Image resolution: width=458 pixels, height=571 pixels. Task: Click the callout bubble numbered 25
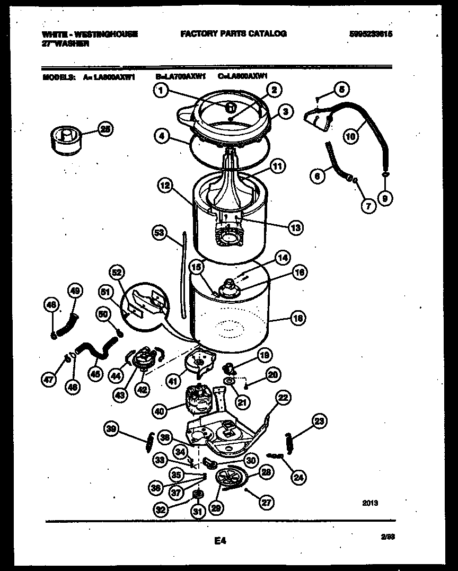(106, 129)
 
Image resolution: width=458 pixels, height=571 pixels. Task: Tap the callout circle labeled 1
(162, 91)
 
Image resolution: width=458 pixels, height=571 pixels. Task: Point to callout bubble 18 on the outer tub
(297, 318)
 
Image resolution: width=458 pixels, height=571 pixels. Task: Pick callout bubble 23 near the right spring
(319, 421)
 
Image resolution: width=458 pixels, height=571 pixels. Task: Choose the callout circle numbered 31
(197, 512)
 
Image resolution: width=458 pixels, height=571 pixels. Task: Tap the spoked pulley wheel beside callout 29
(229, 479)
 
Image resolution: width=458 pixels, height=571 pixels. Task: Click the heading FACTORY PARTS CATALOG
(233, 34)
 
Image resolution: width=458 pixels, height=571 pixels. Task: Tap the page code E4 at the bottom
(220, 541)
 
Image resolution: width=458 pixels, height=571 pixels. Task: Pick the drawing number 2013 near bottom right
(371, 504)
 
